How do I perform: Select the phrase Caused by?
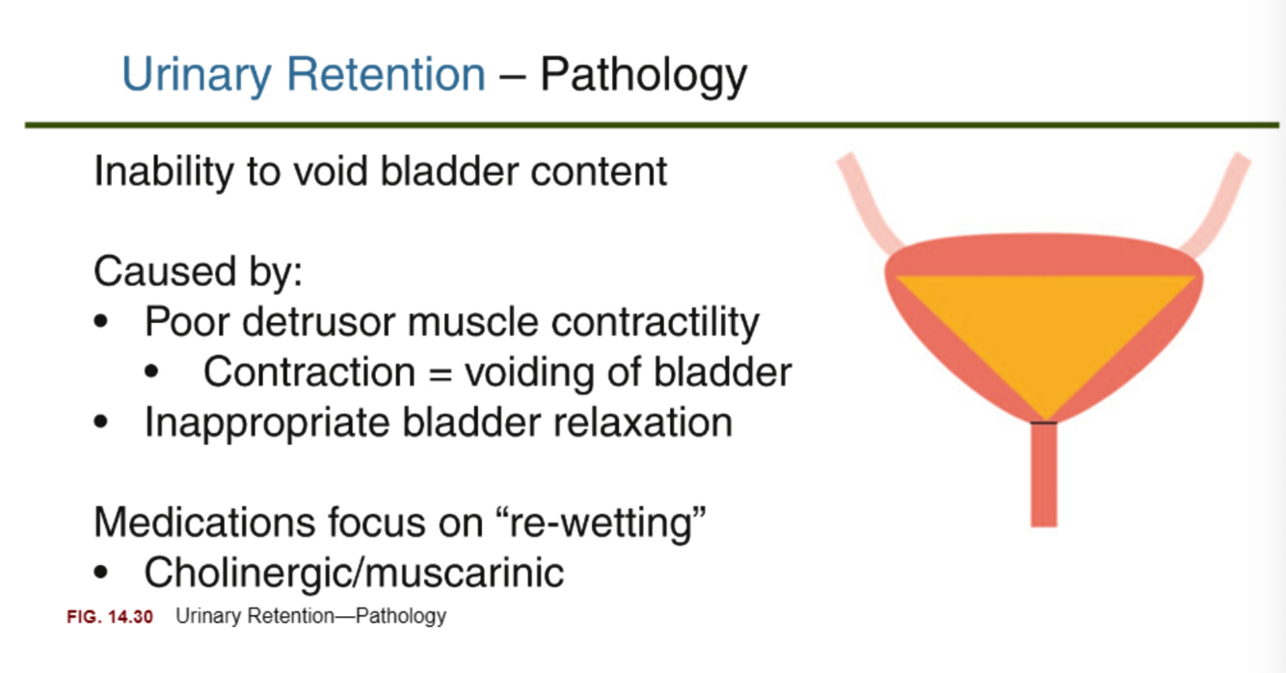[198, 272]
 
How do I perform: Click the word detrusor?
[319, 321]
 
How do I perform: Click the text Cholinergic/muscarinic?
[354, 573]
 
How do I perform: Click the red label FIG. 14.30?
[109, 616]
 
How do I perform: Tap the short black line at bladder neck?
[1043, 422]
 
